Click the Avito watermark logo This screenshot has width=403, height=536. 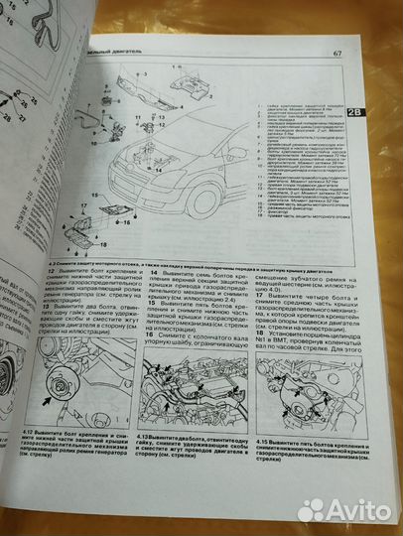click(x=346, y=510)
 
